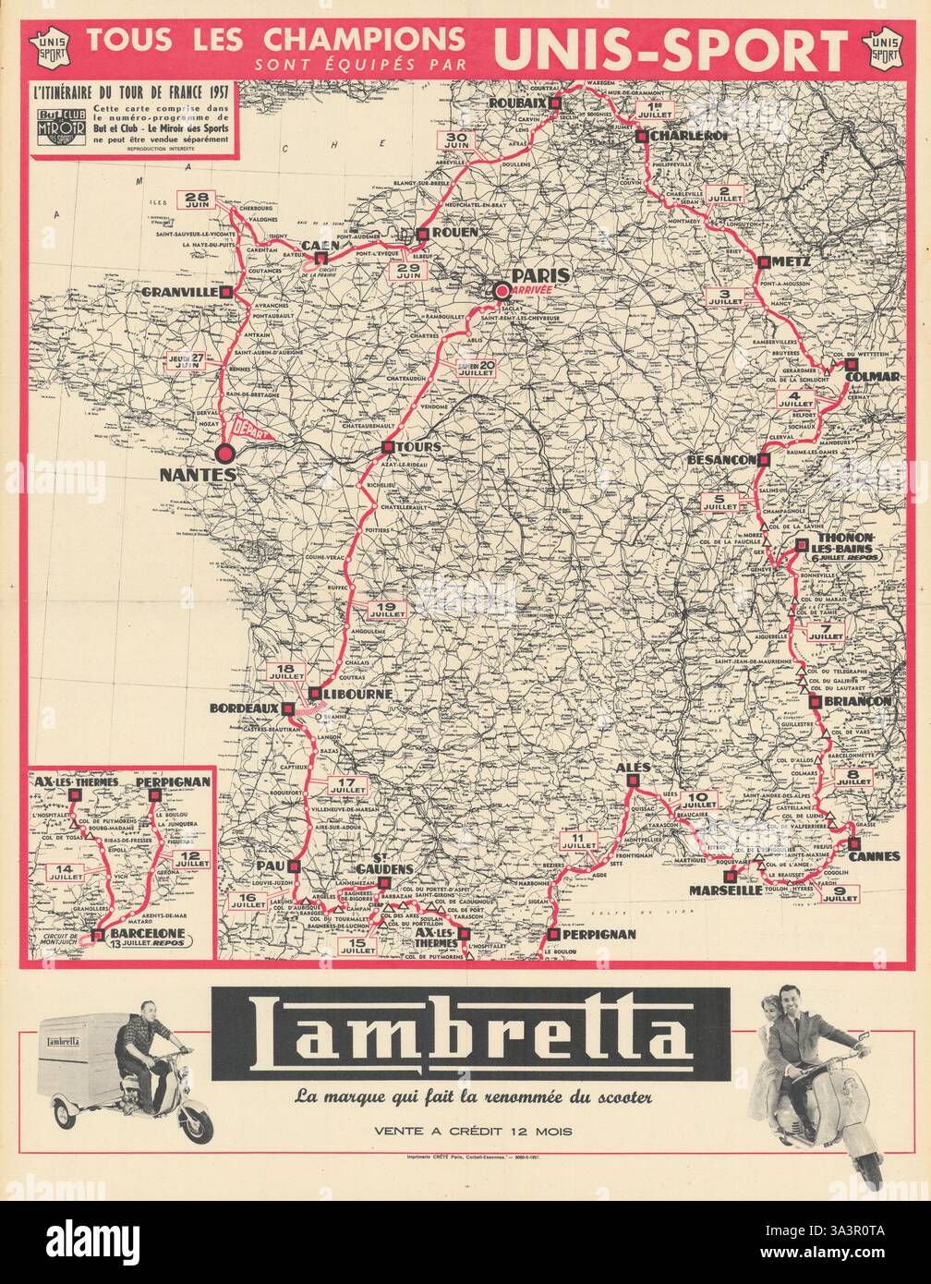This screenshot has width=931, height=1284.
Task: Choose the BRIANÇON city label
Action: [x=864, y=702]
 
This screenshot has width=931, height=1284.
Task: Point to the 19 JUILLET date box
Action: [x=387, y=609]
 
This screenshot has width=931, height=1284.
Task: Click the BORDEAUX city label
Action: [x=247, y=709]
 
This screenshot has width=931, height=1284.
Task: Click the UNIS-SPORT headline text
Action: [x=671, y=49]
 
